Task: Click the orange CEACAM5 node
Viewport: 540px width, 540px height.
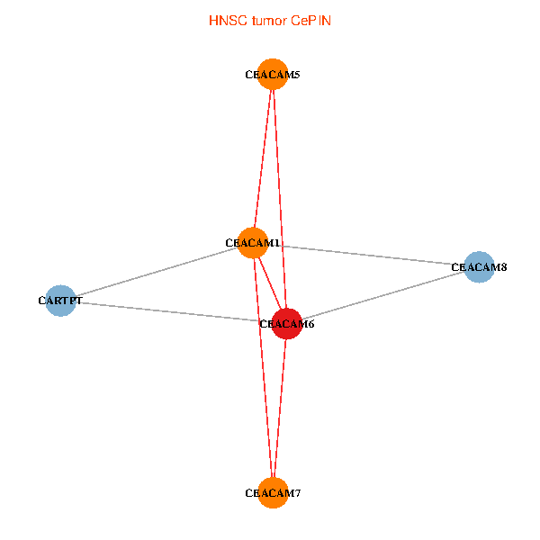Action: (273, 74)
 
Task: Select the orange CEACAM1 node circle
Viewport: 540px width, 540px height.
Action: (253, 243)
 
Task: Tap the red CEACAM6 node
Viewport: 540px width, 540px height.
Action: (286, 323)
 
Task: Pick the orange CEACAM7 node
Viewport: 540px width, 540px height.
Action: (273, 492)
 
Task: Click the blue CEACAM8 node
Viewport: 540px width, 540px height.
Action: (479, 266)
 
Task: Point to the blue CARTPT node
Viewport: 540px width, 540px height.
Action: (60, 301)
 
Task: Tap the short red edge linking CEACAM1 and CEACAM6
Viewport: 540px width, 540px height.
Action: (269, 283)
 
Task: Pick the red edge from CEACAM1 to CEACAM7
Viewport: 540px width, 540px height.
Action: (263, 368)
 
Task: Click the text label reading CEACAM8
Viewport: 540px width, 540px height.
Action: (472, 267)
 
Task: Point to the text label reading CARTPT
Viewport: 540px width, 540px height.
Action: (60, 301)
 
